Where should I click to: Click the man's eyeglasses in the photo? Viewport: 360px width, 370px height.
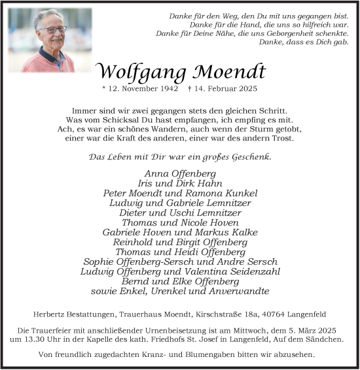click(x=52, y=29)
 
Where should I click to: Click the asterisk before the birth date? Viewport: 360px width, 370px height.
click(x=104, y=88)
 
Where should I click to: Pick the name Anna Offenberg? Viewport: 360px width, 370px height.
click(x=180, y=173)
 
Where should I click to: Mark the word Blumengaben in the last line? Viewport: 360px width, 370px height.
click(x=217, y=355)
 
